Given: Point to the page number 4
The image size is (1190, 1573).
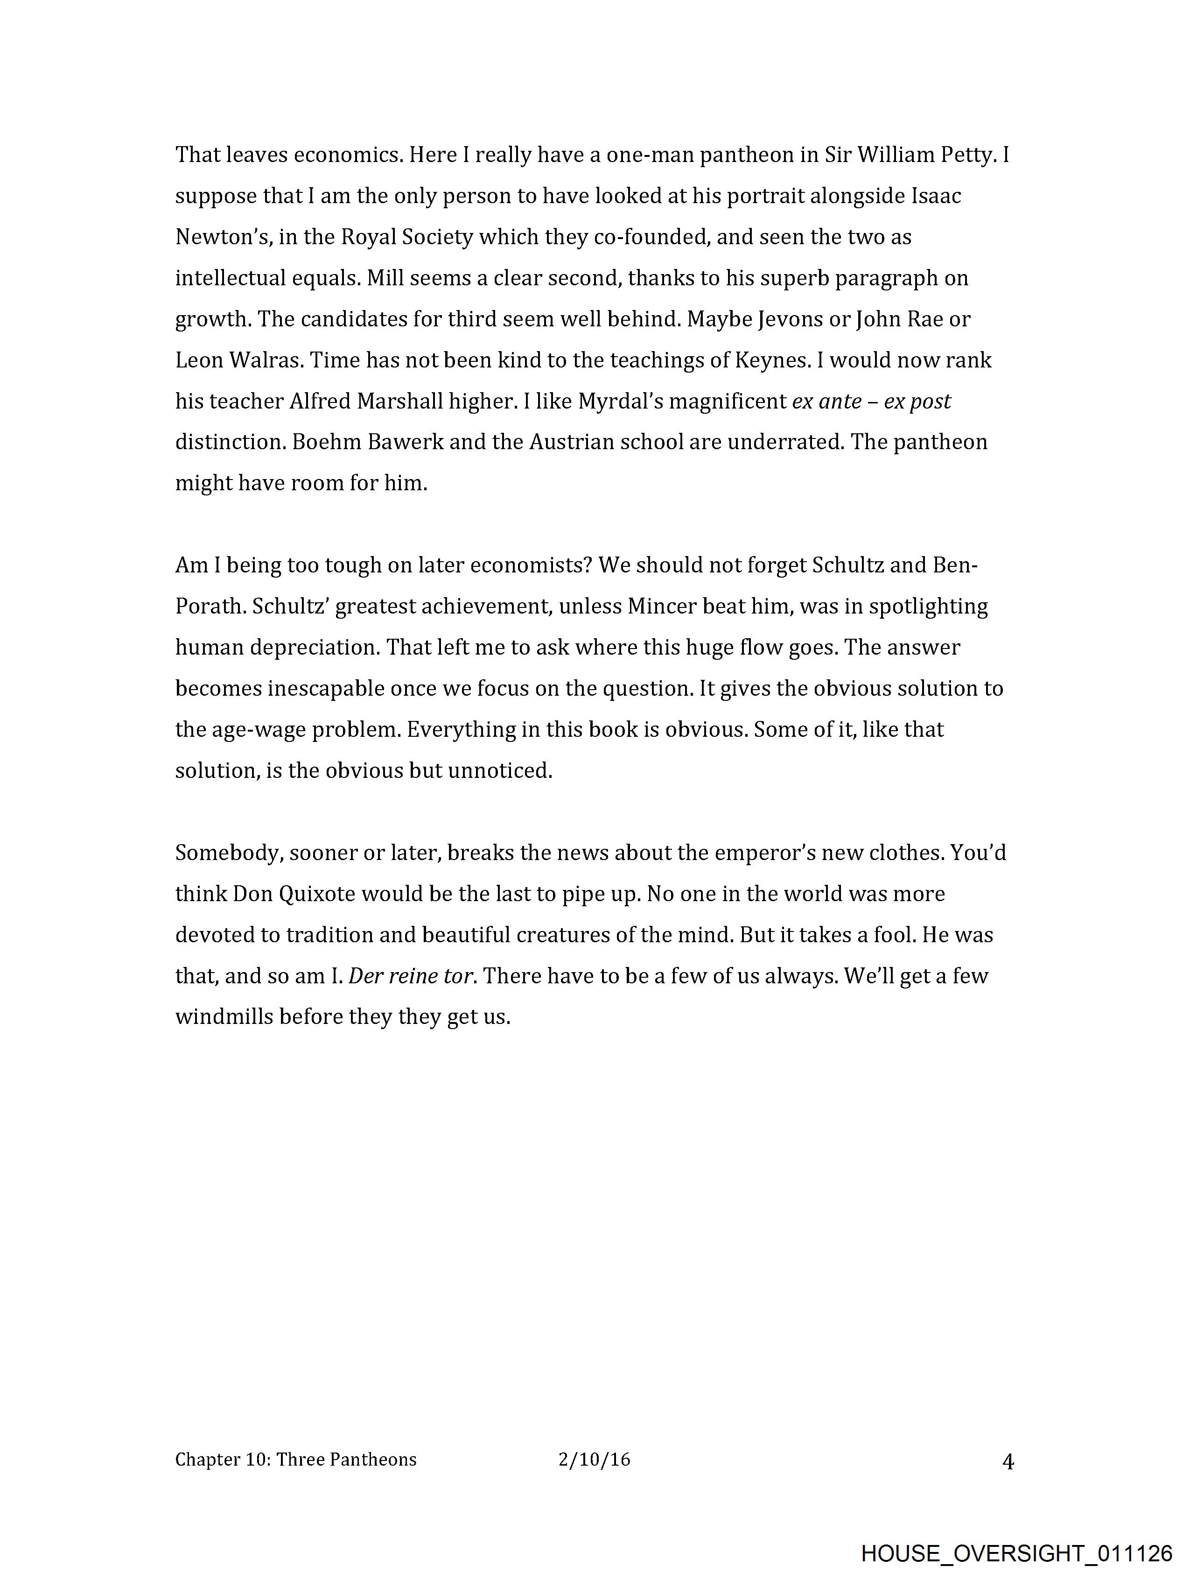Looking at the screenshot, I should tap(1008, 1462).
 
